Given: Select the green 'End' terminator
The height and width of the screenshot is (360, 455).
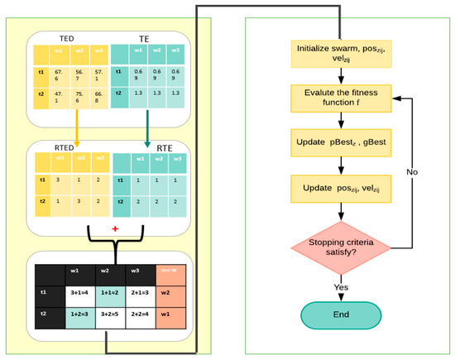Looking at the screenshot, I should pyautogui.click(x=340, y=316).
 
